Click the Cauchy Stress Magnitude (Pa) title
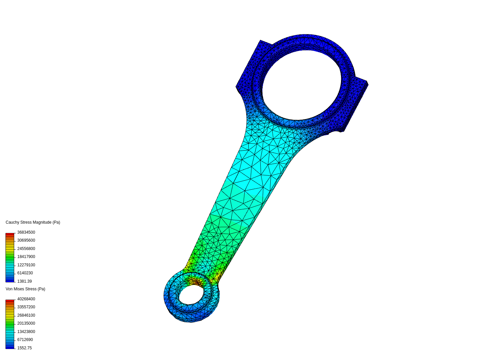33,222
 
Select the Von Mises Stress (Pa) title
25,289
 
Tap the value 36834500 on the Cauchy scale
26,232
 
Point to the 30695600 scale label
26,240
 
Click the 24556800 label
26,249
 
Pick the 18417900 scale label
26,257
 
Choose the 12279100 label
26,265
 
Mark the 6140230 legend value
25,273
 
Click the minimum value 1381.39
24,281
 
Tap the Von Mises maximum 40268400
26,299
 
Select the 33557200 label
26,307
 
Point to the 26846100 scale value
26,315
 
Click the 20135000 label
26,323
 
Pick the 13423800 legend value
26,332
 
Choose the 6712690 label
25,340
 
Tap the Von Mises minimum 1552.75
24,348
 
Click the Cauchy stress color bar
10,257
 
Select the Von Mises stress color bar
10,324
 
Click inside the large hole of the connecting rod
302,85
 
